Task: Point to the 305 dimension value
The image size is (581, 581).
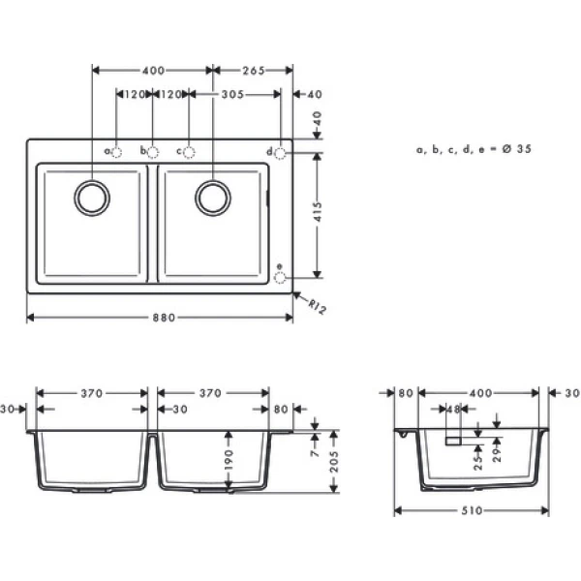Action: coord(231,95)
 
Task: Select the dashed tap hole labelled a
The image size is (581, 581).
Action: coord(116,152)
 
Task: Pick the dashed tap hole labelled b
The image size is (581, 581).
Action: coord(152,152)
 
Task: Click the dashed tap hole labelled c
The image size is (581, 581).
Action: coord(189,152)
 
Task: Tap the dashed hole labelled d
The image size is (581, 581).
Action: coord(281,152)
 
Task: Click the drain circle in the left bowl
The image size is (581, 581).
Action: coord(92,197)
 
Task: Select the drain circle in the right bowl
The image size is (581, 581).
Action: coord(213,197)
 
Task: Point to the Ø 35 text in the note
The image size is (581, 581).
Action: coord(516,149)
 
